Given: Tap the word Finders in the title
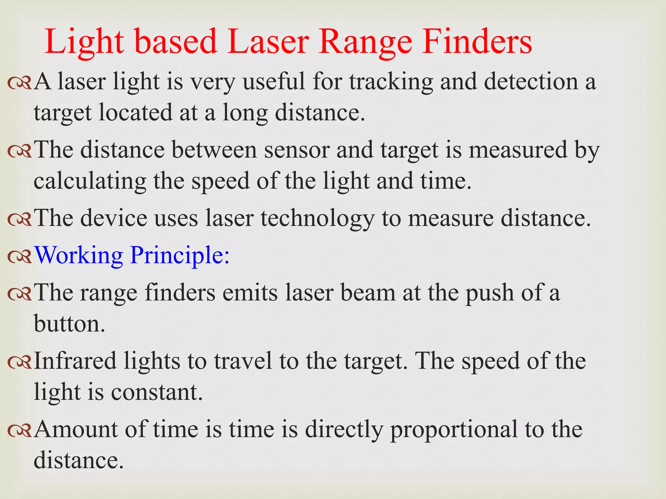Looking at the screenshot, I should [x=477, y=42].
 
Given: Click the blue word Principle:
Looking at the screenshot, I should [x=180, y=255].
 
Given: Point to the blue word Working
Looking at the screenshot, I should [x=78, y=255].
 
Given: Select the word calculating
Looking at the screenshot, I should [x=90, y=181].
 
